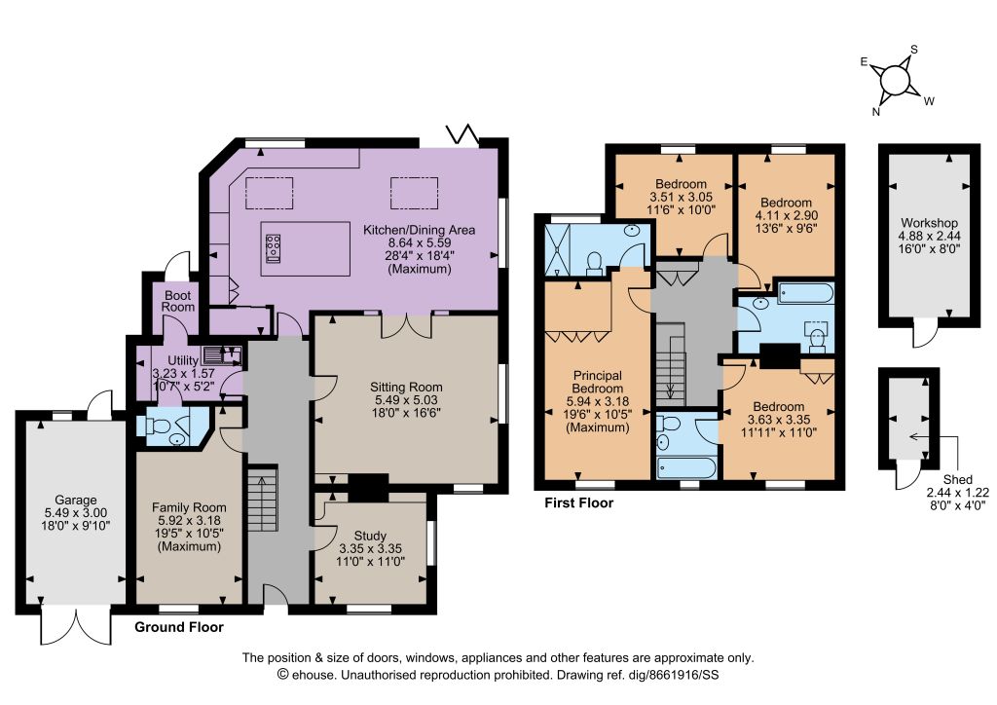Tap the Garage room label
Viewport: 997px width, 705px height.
[76, 512]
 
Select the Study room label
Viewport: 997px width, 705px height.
[370, 548]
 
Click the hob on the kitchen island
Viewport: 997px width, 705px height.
[274, 247]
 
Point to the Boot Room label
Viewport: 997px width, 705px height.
[178, 301]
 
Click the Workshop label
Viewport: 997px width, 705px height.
[929, 236]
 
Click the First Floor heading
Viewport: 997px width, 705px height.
[578, 502]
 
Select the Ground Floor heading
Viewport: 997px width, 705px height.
[179, 627]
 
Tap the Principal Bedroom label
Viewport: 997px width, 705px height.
[598, 401]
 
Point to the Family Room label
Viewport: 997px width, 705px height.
[189, 527]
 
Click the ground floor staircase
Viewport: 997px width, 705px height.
[263, 500]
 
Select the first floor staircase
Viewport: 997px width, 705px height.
[671, 363]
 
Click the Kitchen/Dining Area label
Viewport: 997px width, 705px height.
[419, 249]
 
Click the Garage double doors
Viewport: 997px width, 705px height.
[76, 627]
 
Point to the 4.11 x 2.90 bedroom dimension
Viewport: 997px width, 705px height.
[786, 215]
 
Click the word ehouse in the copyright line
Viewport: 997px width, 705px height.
[314, 675]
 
